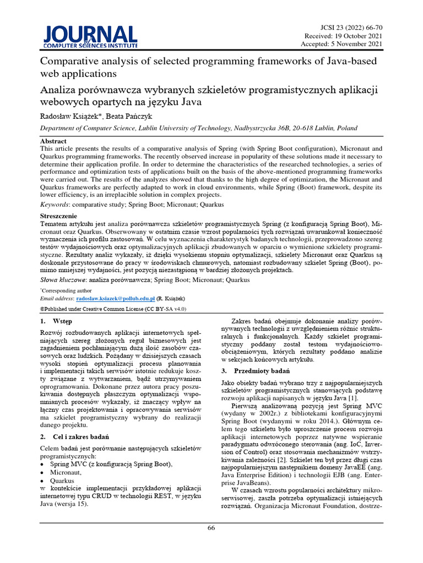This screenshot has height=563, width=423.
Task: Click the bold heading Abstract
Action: (54, 141)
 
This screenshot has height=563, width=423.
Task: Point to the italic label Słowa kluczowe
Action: (63, 280)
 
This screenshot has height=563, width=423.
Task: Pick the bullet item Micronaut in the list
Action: (67, 472)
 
